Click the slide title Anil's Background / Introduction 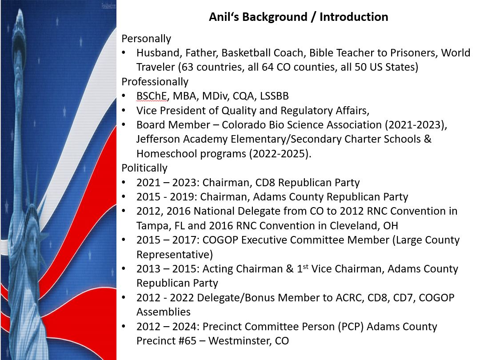299,17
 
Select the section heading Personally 146,39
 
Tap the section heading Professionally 155,82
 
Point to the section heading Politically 144,168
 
